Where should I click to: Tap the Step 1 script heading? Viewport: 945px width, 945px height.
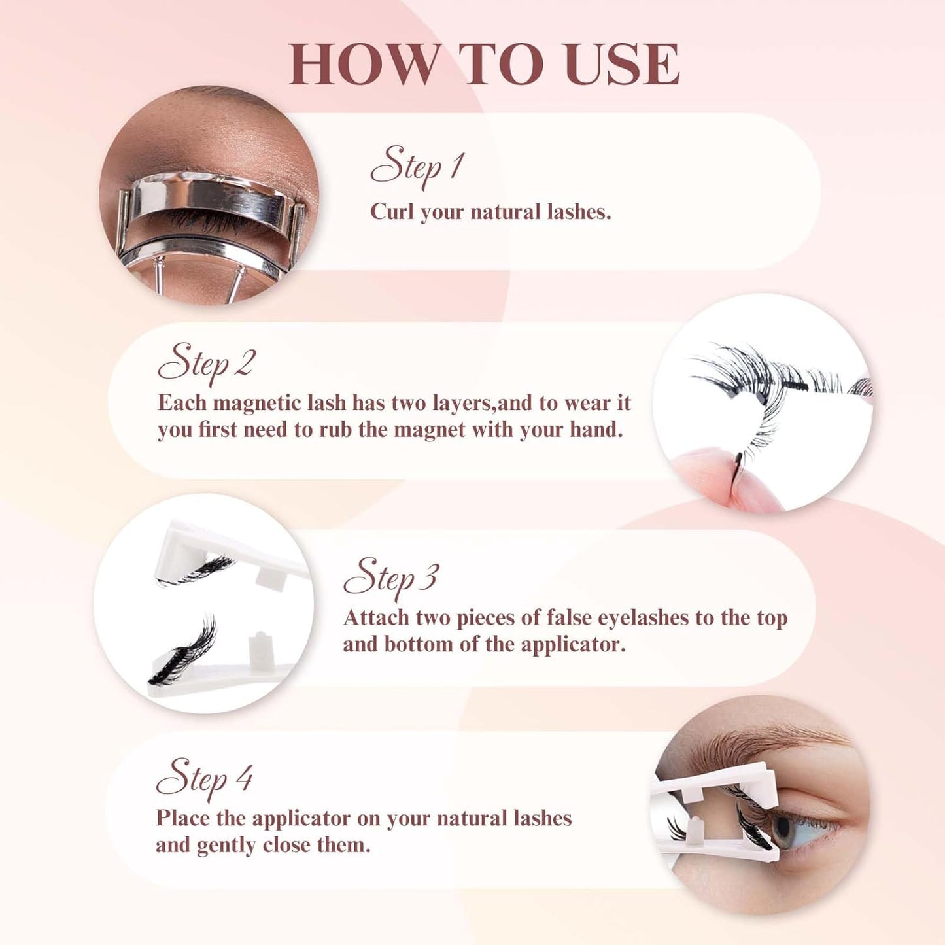417,166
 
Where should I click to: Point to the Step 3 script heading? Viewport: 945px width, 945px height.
390,578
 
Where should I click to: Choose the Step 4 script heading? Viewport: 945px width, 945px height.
204,778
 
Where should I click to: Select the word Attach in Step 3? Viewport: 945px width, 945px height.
376,618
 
